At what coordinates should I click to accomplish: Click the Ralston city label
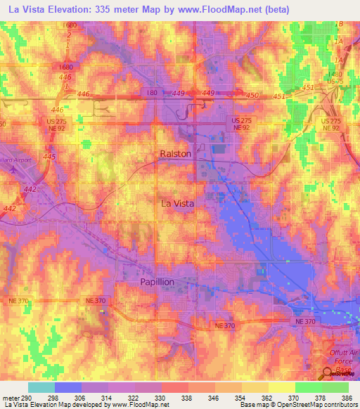(x=175, y=153)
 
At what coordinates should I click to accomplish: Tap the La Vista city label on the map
(x=177, y=202)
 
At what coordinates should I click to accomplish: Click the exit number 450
(x=252, y=94)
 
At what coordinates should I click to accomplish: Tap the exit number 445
(x=49, y=156)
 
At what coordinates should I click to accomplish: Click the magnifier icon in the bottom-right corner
(x=329, y=374)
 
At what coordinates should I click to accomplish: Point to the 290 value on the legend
(x=27, y=398)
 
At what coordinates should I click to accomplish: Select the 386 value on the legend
(x=348, y=398)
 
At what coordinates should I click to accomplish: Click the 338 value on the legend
(x=188, y=398)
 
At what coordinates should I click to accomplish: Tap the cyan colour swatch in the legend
(x=41, y=387)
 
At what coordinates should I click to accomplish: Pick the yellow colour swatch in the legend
(x=281, y=387)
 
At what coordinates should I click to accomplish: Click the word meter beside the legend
(x=10, y=398)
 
